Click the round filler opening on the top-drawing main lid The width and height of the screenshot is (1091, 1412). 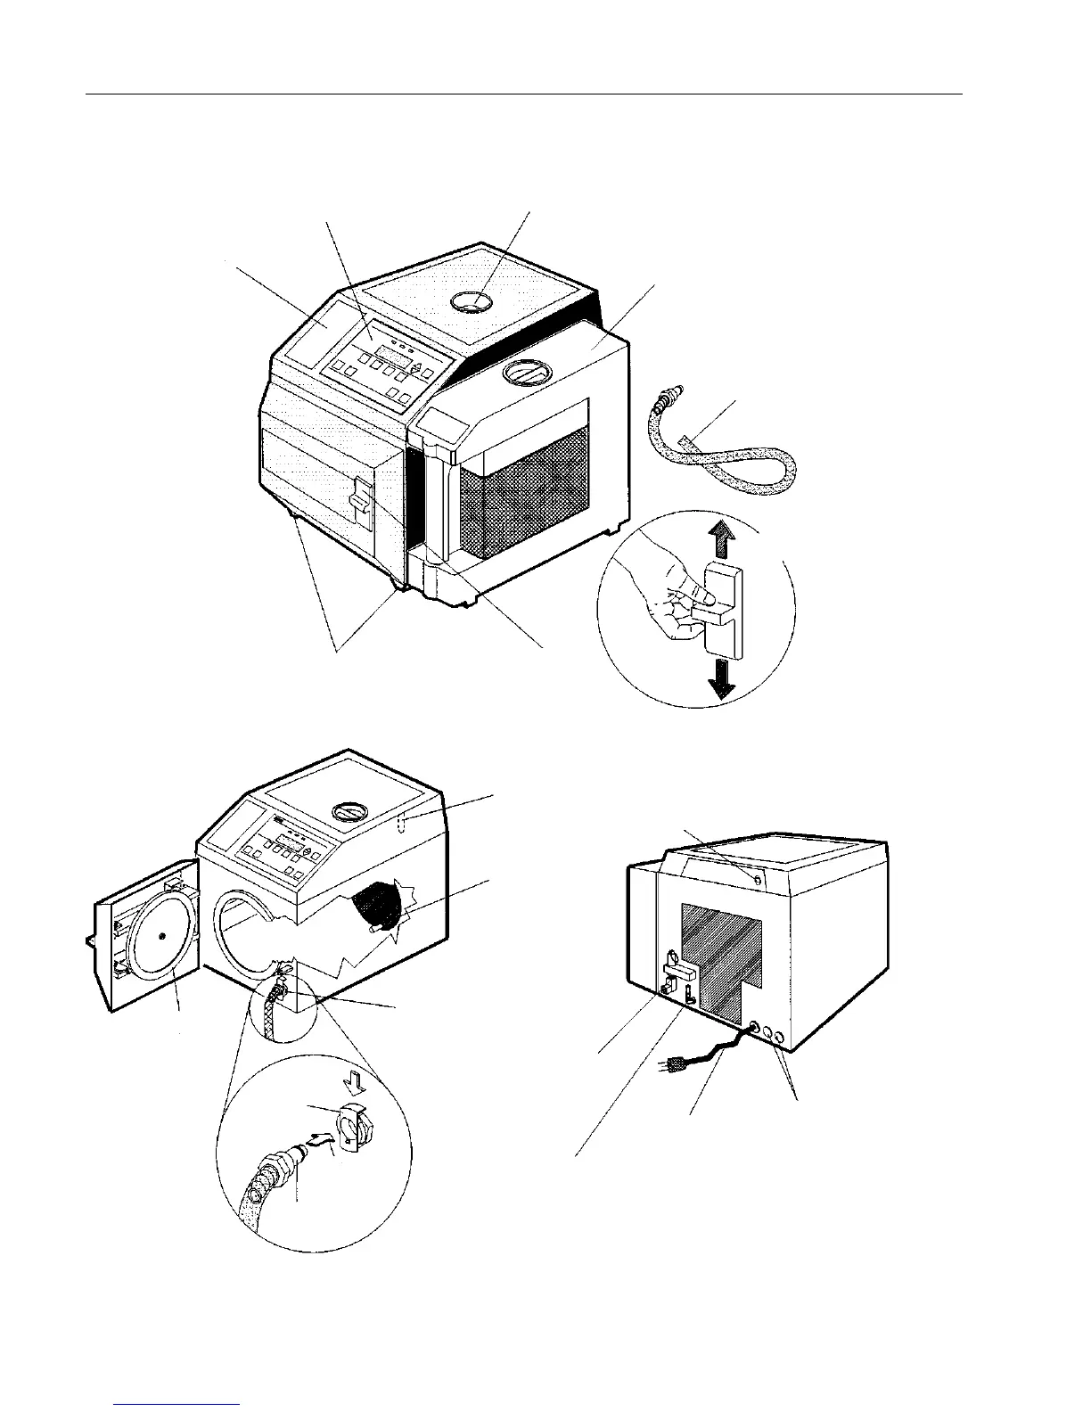point(472,302)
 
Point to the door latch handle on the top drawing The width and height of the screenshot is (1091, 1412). point(360,497)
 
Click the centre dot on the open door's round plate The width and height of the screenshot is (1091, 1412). point(161,935)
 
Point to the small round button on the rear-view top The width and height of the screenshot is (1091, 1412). point(757,880)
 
